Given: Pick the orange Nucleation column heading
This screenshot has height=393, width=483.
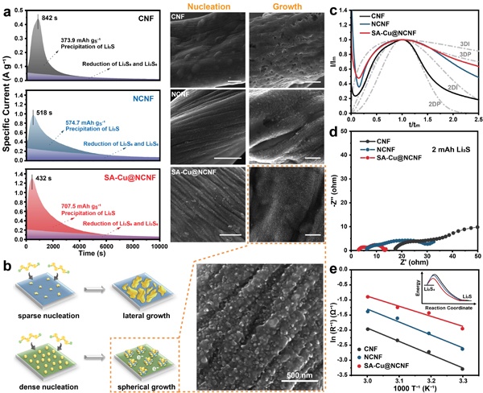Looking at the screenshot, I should (205, 8).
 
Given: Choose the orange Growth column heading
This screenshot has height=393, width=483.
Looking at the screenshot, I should (272, 8).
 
